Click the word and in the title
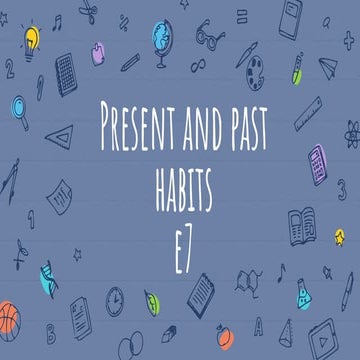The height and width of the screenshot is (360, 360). [194, 125]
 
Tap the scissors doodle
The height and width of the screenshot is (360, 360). [87, 12]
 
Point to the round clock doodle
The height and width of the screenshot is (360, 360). [116, 298]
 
